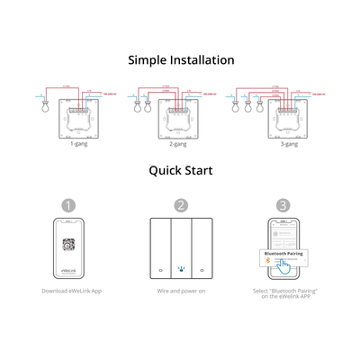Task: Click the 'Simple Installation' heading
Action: point(181,60)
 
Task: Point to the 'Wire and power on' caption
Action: point(181,292)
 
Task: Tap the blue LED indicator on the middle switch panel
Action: point(181,267)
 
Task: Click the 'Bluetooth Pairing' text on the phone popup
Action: point(283,254)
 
